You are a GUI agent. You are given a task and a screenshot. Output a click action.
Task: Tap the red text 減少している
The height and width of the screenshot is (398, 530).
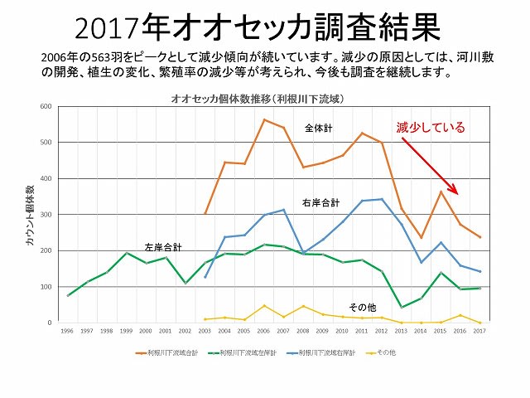pos(431,128)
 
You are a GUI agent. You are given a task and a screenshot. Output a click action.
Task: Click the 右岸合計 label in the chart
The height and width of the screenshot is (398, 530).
pos(320,201)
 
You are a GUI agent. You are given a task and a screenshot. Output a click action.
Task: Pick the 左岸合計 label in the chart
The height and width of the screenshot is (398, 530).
pos(163,246)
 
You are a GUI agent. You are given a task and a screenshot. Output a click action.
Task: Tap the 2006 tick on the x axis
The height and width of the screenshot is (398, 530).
pos(263,331)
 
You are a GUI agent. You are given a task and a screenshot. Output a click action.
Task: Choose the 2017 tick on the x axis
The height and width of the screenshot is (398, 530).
pos(478,331)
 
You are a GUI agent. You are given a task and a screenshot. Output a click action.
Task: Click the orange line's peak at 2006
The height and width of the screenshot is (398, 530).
pos(263,119)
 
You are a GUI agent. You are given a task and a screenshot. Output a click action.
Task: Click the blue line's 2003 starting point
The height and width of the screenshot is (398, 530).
pos(205,277)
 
